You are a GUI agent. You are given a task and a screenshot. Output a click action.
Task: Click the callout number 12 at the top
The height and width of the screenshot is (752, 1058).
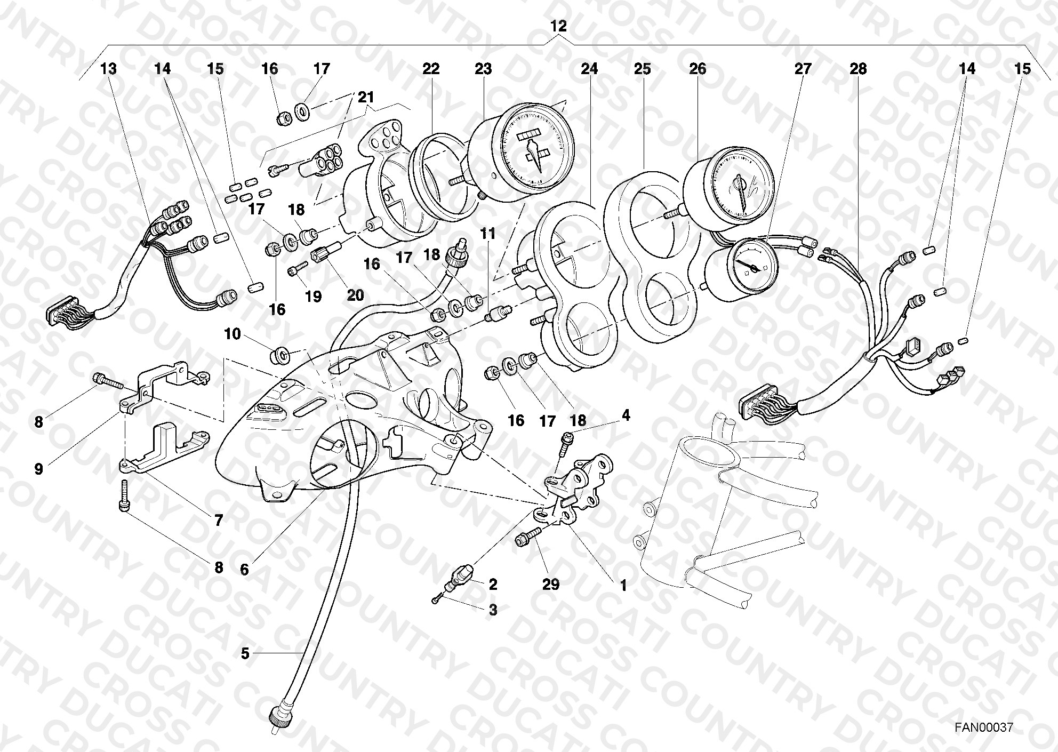(x=559, y=26)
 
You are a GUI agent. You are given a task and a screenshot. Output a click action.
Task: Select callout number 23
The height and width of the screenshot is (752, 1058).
(x=483, y=69)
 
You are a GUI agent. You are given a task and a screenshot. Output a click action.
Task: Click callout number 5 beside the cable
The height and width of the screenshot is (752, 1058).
(x=245, y=653)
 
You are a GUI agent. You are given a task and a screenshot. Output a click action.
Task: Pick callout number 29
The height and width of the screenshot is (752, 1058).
(x=551, y=585)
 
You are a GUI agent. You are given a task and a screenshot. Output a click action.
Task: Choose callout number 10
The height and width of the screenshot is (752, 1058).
(x=233, y=334)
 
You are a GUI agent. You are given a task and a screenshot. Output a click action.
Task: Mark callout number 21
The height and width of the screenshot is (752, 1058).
(x=366, y=98)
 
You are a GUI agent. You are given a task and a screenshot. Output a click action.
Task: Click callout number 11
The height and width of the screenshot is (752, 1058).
(x=487, y=234)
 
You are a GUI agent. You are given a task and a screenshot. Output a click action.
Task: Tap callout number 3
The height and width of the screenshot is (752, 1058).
(x=493, y=610)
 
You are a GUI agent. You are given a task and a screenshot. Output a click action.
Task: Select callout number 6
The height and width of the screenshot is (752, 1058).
(x=244, y=570)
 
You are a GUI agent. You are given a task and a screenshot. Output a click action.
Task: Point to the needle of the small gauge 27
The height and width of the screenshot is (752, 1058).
(x=751, y=263)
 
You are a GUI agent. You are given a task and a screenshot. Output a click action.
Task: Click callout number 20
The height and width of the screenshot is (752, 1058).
(x=355, y=295)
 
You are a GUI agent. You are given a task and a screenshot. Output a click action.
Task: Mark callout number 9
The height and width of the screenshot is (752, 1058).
(x=38, y=469)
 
